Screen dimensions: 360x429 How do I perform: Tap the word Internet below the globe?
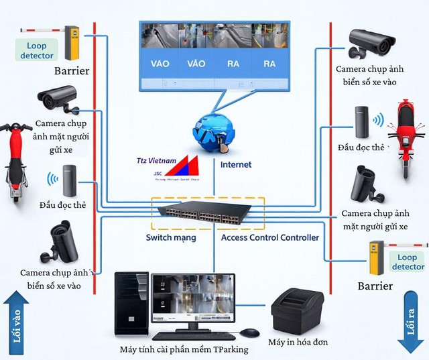(x=236, y=165)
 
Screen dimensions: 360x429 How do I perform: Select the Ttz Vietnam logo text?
(x=154, y=161)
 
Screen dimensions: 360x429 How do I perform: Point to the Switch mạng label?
(x=171, y=238)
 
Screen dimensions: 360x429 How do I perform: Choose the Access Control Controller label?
(x=270, y=238)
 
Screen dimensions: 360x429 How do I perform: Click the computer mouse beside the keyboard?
(x=249, y=333)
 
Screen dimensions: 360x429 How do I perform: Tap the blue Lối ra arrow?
(x=411, y=320)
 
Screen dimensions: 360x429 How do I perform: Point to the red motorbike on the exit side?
(x=406, y=137)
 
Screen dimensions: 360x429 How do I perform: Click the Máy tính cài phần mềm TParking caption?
(x=184, y=350)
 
